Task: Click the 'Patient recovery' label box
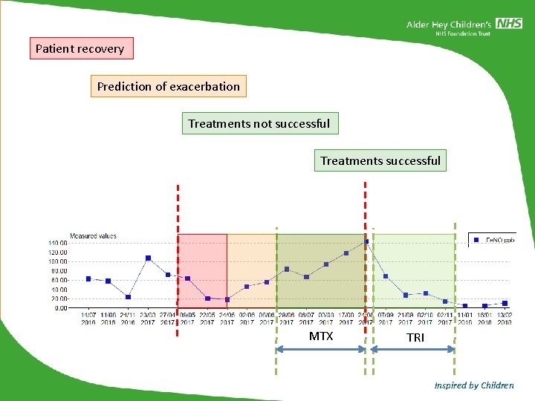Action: [x=81, y=49]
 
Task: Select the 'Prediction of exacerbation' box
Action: [x=169, y=86]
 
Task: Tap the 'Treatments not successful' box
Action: [x=259, y=123]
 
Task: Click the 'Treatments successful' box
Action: [x=380, y=160]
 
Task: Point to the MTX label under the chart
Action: [x=321, y=336]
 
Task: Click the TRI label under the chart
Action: [x=415, y=337]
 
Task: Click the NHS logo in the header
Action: [x=510, y=24]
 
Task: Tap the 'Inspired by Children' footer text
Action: [x=474, y=385]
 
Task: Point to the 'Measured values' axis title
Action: [x=93, y=236]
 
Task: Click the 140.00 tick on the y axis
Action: [x=57, y=243]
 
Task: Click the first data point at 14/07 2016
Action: [x=88, y=278]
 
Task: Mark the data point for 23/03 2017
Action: [x=148, y=258]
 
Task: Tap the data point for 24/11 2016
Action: [x=128, y=297]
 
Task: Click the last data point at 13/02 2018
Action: [x=505, y=303]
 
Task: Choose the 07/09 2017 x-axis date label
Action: [x=386, y=318]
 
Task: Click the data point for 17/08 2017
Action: [x=346, y=253]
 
